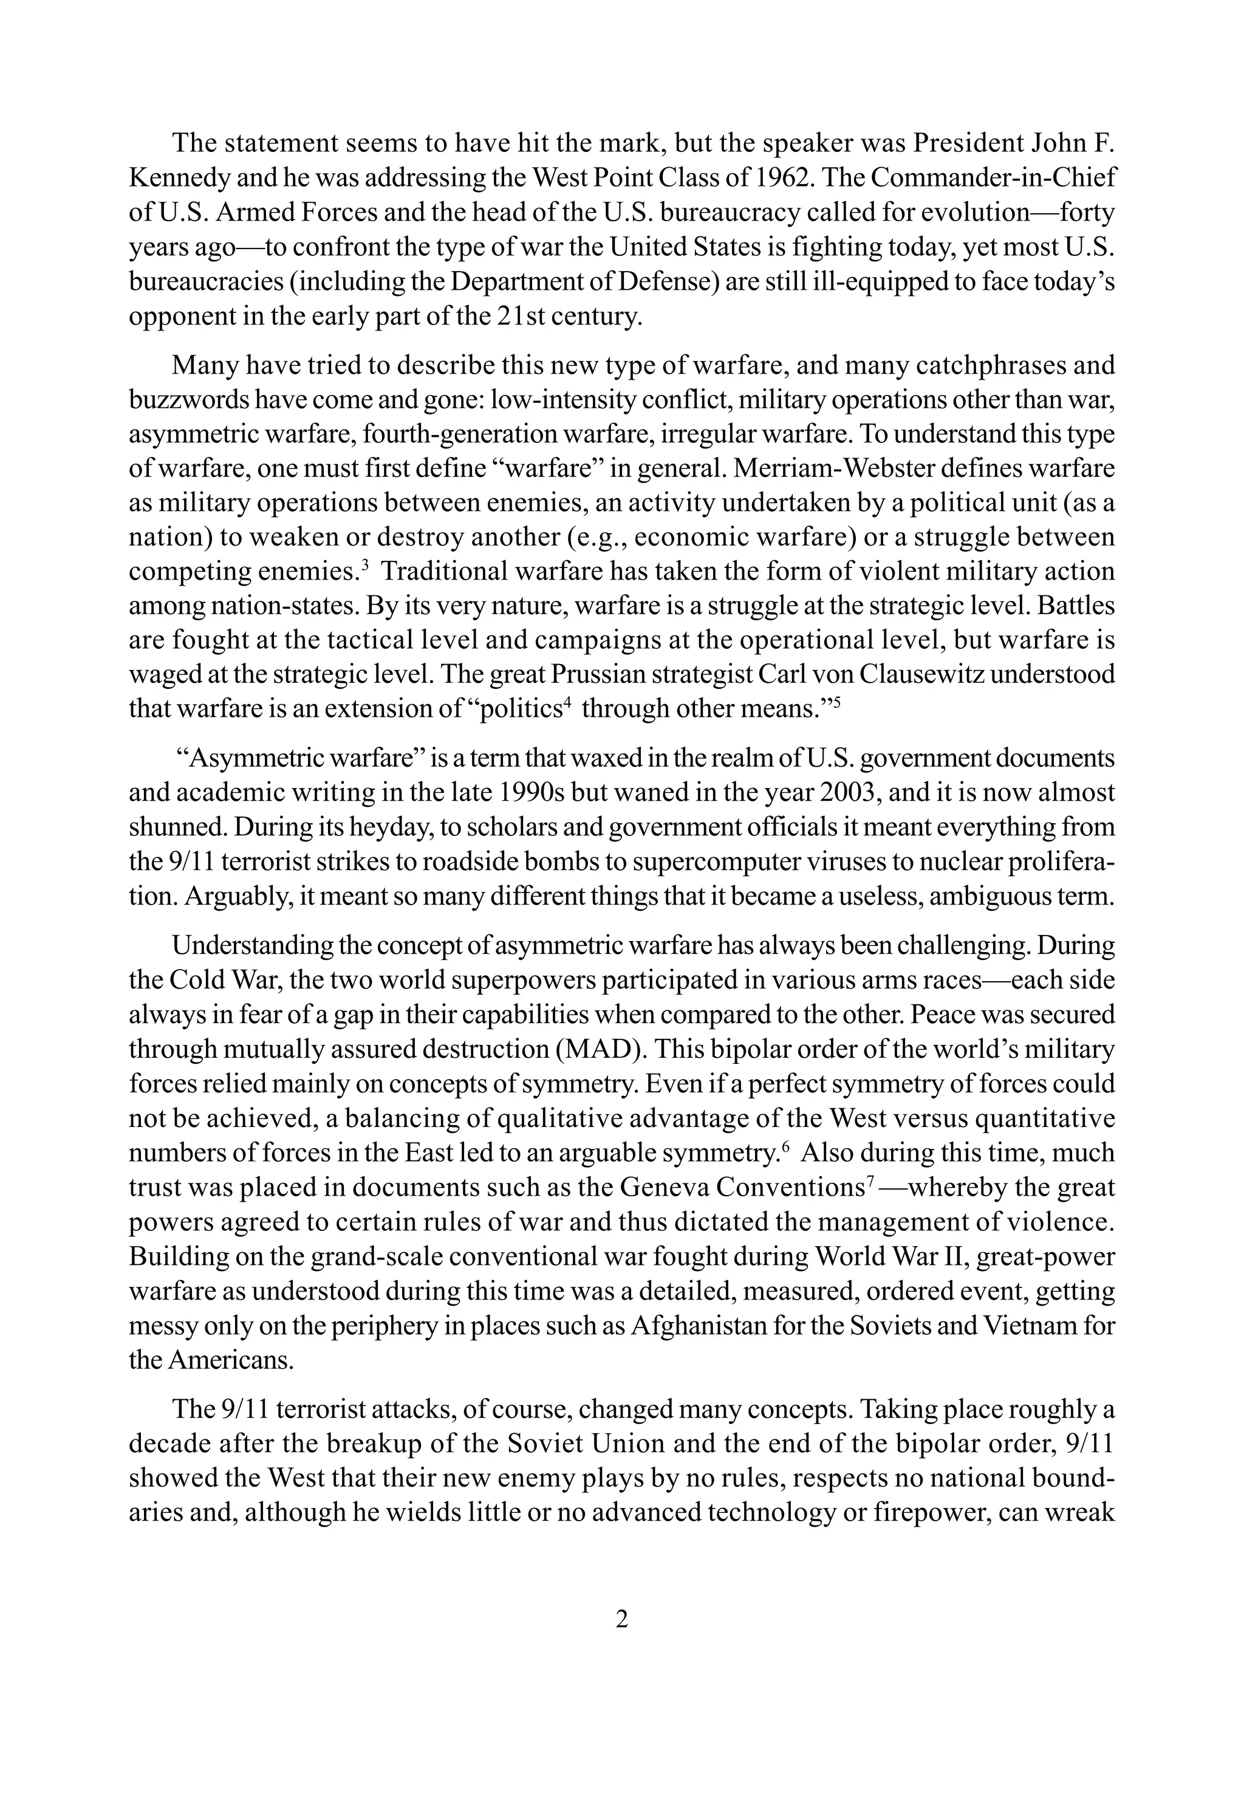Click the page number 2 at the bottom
(x=621, y=1620)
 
